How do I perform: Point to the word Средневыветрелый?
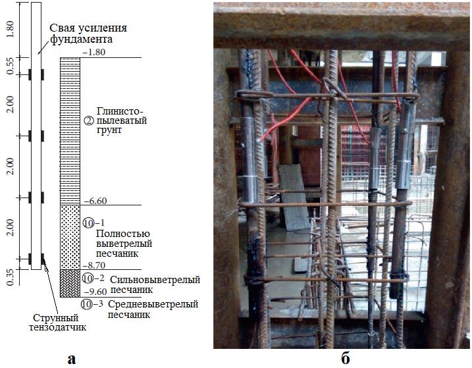tap(139, 304)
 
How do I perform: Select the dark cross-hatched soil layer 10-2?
tap(70, 282)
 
